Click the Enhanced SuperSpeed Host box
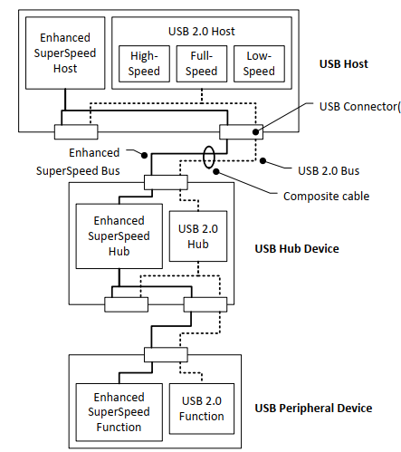[x=65, y=53]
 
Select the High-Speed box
[x=144, y=63]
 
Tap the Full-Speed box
[x=202, y=63]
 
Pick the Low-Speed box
[x=259, y=63]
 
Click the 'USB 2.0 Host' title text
[x=202, y=32]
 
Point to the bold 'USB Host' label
[x=344, y=64]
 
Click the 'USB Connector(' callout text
[x=360, y=107]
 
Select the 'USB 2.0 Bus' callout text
[x=329, y=171]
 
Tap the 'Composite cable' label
[x=326, y=197]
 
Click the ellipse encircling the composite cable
[x=204, y=157]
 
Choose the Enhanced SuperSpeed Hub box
[x=119, y=236]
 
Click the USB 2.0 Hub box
[x=198, y=236]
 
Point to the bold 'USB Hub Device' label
[x=297, y=249]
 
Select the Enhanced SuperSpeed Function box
[x=119, y=412]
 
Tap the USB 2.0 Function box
[x=202, y=409]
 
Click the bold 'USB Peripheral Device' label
[x=313, y=409]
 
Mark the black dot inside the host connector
[x=255, y=132]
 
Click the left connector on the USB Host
[x=76, y=132]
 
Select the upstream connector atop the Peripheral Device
[x=166, y=355]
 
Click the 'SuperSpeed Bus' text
[x=78, y=171]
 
